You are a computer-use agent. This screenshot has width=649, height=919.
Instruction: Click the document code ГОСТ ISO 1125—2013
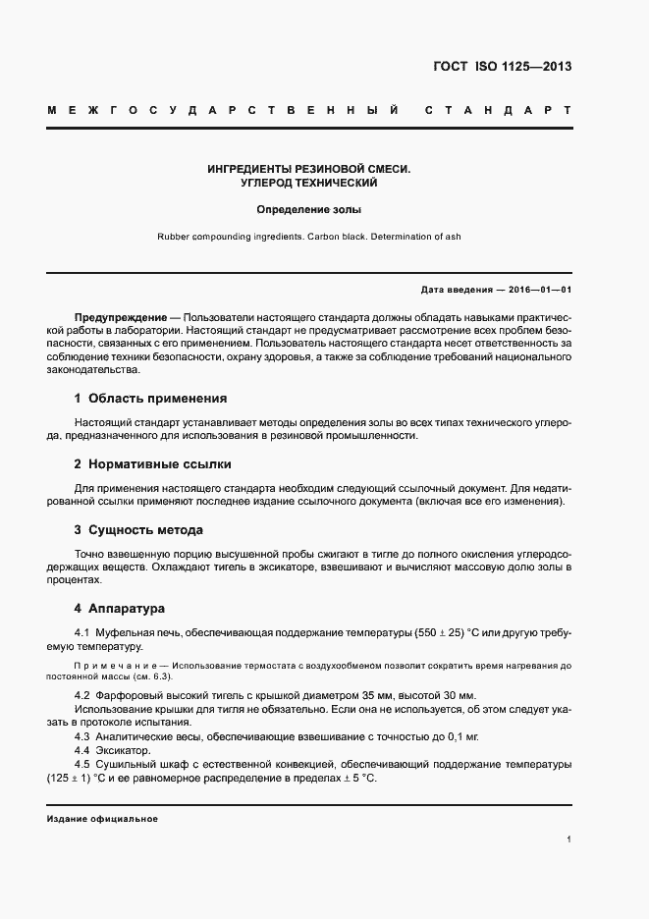(502, 68)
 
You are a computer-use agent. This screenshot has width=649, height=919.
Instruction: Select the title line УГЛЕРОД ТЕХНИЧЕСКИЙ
(309, 183)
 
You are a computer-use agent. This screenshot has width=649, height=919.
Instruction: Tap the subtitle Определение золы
(309, 209)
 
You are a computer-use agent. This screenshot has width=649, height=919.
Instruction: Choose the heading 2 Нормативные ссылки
(153, 464)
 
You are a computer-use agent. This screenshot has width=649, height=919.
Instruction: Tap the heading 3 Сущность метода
(138, 530)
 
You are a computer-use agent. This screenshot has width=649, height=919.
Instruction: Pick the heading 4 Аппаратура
(120, 609)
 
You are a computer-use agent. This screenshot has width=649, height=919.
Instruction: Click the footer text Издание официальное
(102, 819)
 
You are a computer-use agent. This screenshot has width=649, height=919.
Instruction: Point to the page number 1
(569, 839)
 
